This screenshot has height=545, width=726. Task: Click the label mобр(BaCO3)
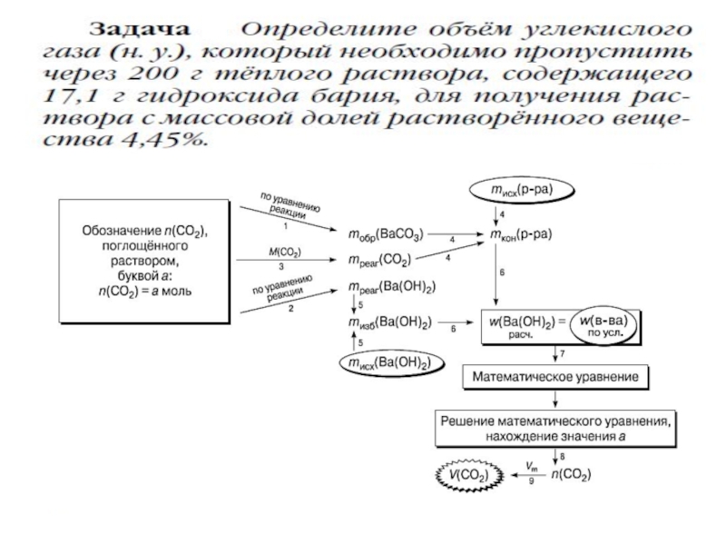[385, 234]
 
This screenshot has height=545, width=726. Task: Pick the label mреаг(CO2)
[380, 261]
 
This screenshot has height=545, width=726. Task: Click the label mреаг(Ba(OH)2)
[391, 288]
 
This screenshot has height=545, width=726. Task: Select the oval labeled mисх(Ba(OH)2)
[386, 364]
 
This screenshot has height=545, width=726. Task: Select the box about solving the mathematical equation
[555, 428]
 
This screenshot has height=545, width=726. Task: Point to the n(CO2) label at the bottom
[574, 474]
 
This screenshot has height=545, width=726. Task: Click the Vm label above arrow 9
[531, 464]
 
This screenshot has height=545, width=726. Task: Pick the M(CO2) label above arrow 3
[283, 252]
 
